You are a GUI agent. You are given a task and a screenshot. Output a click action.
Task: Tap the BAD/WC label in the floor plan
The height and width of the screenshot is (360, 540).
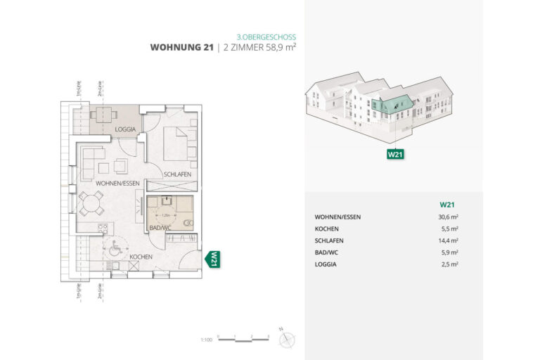[160, 229]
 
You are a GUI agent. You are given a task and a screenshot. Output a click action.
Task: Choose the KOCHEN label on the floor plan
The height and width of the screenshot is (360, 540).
[141, 257]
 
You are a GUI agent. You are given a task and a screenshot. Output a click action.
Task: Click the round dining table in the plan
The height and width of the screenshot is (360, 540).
[91, 204]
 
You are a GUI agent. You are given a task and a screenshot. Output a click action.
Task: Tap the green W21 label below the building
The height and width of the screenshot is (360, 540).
[394, 154]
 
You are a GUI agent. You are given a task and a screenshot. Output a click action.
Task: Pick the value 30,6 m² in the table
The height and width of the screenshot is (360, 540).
[448, 217]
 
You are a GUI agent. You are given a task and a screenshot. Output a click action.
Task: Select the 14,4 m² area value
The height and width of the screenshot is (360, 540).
[448, 240]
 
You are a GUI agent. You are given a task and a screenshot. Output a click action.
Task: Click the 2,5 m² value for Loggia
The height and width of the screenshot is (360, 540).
[449, 264]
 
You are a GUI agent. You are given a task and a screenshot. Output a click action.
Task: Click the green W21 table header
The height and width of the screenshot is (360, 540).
[446, 205]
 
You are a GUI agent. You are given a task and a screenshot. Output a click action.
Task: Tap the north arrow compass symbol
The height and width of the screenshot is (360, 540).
[286, 340]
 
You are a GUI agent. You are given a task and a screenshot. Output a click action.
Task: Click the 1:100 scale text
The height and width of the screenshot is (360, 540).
[206, 340]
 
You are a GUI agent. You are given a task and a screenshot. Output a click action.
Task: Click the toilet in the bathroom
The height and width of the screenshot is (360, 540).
[188, 224]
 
